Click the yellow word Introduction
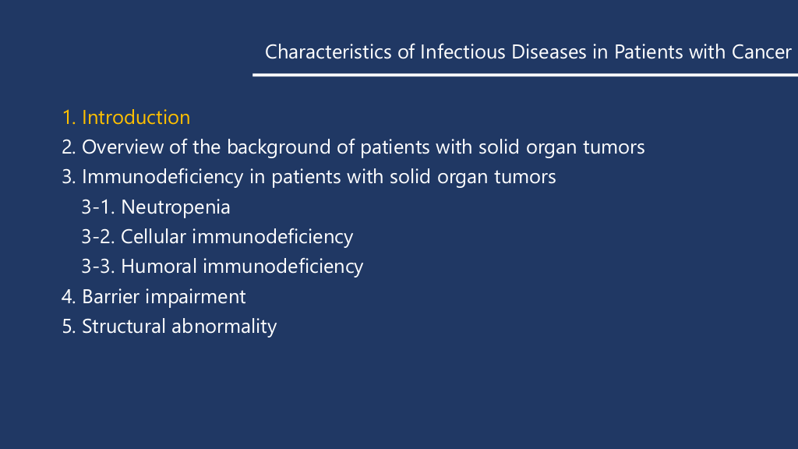[x=136, y=118]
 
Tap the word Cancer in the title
[x=761, y=52]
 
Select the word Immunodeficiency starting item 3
[x=162, y=177]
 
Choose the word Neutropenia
[x=175, y=207]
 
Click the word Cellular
[x=154, y=237]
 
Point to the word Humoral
[x=159, y=267]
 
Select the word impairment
[x=196, y=297]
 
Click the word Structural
[x=124, y=327]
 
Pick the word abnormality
[x=224, y=327]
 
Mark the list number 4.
[x=69, y=297]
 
